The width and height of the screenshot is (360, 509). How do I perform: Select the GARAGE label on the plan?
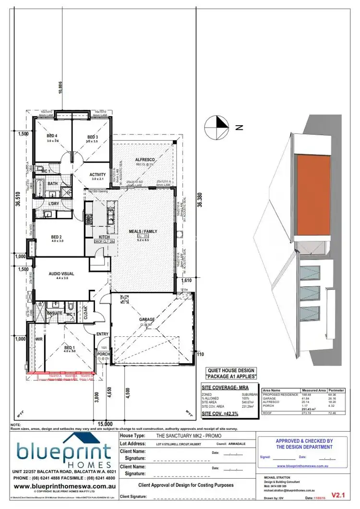click(146, 319)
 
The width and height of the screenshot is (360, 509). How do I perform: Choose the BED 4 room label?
click(52, 136)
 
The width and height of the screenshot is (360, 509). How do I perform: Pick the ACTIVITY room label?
click(98, 174)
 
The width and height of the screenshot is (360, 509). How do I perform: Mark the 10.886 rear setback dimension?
click(60, 88)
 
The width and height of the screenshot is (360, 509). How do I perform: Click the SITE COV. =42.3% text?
click(220, 413)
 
